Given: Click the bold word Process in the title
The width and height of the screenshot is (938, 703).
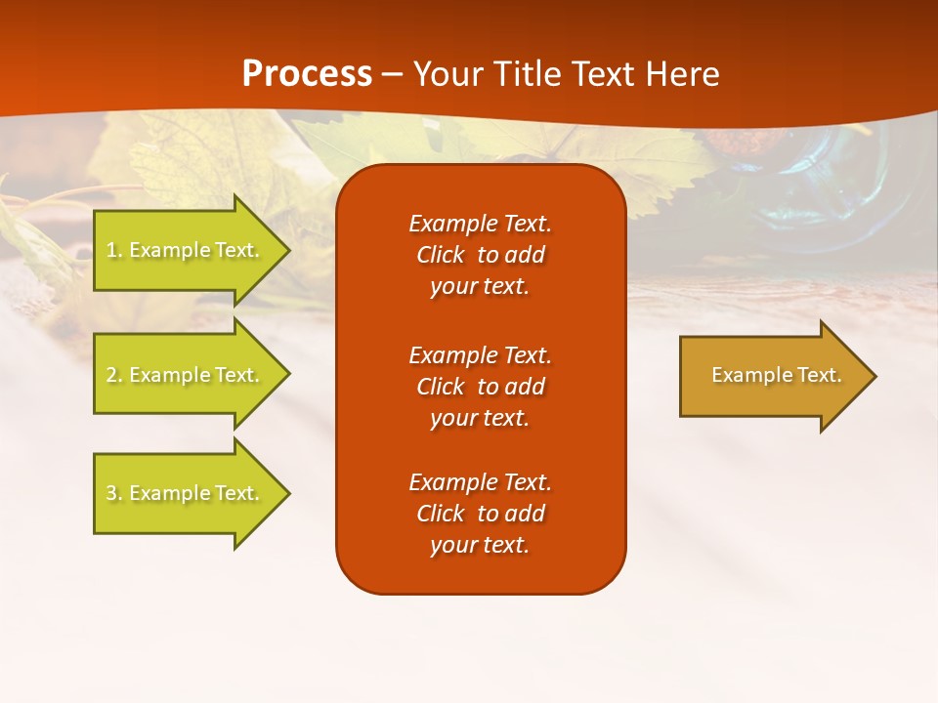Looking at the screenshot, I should [x=307, y=74].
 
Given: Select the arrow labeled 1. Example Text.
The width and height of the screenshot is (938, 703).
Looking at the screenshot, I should [x=186, y=250].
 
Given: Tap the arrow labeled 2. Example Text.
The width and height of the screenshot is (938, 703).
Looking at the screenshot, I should [x=186, y=375].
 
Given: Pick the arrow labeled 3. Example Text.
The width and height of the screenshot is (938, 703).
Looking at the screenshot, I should [x=186, y=493].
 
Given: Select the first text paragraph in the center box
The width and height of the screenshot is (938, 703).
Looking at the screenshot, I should [x=480, y=255].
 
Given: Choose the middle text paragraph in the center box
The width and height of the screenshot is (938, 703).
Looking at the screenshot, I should [x=480, y=387].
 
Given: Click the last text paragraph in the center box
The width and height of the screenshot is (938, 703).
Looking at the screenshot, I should [x=480, y=514].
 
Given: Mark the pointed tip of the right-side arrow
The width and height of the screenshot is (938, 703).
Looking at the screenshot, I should [x=874, y=376].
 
